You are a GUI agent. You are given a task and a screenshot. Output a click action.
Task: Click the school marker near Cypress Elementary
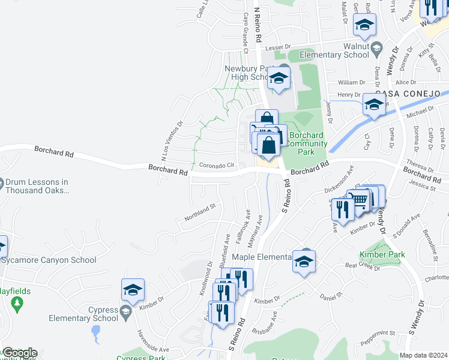point(133,290)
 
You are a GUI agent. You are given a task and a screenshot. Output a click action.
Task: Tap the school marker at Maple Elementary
point(304,261)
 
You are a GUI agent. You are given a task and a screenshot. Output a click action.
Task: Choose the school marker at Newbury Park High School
point(279,78)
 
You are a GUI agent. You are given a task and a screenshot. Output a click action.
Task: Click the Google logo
point(19,353)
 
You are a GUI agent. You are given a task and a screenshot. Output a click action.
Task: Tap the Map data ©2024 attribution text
point(423,355)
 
